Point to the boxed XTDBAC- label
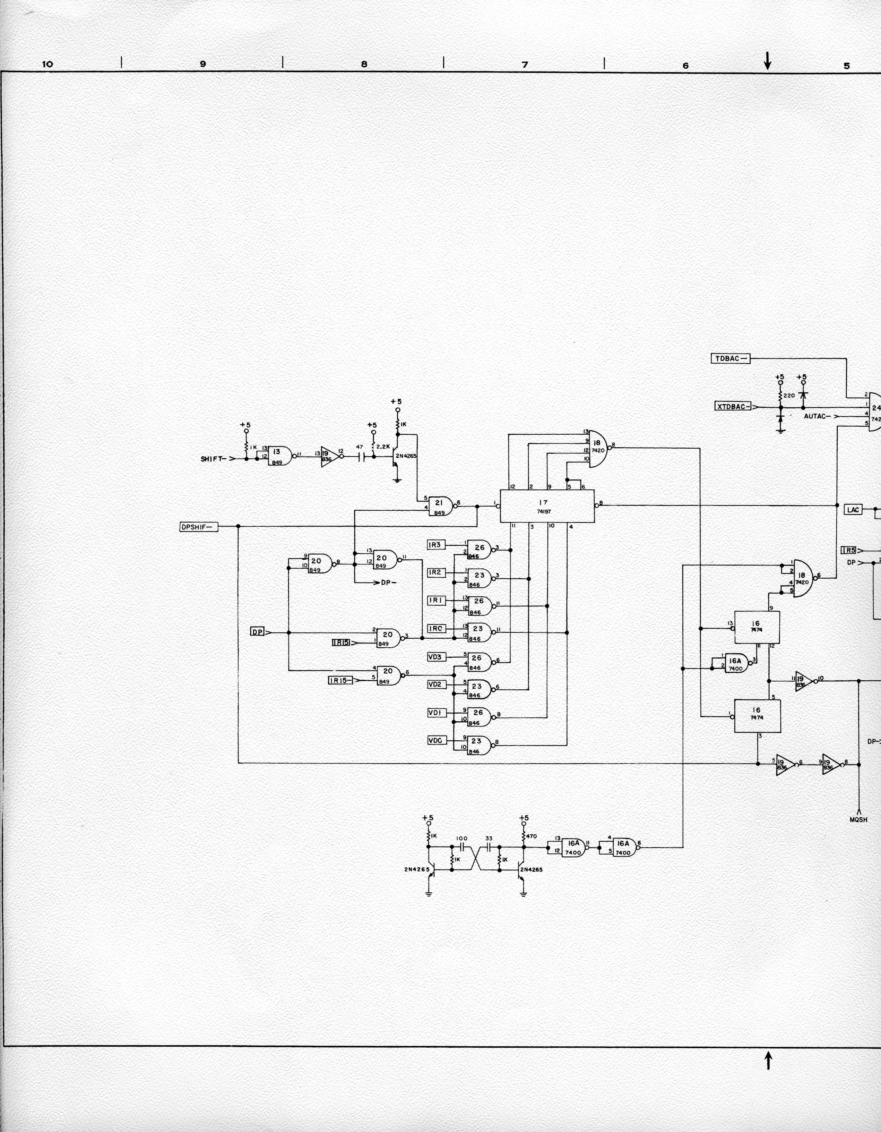[x=733, y=406]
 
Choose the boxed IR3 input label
[x=435, y=545]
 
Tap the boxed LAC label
[x=853, y=510]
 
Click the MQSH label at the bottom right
[x=858, y=819]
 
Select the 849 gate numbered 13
[x=278, y=456]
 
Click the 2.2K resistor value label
[x=383, y=446]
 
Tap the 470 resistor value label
[x=532, y=836]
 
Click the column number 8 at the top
[x=364, y=64]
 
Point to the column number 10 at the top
[x=47, y=64]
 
